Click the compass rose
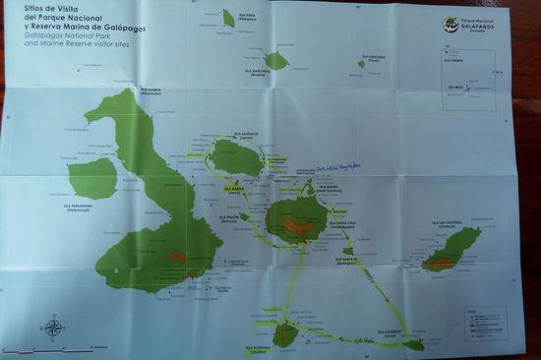pyautogui.click(x=52, y=328)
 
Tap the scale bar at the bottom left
pyautogui.click(x=49, y=349)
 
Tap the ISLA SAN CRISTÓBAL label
pyautogui.click(x=445, y=224)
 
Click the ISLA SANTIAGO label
pyautogui.click(x=242, y=134)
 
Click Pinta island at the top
pyautogui.click(x=228, y=19)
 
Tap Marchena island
pyautogui.click(x=276, y=61)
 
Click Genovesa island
pyautogui.click(x=362, y=64)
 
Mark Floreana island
pyautogui.click(x=284, y=335)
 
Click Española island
pyautogui.click(x=414, y=344)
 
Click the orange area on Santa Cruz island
pyautogui.click(x=298, y=226)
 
